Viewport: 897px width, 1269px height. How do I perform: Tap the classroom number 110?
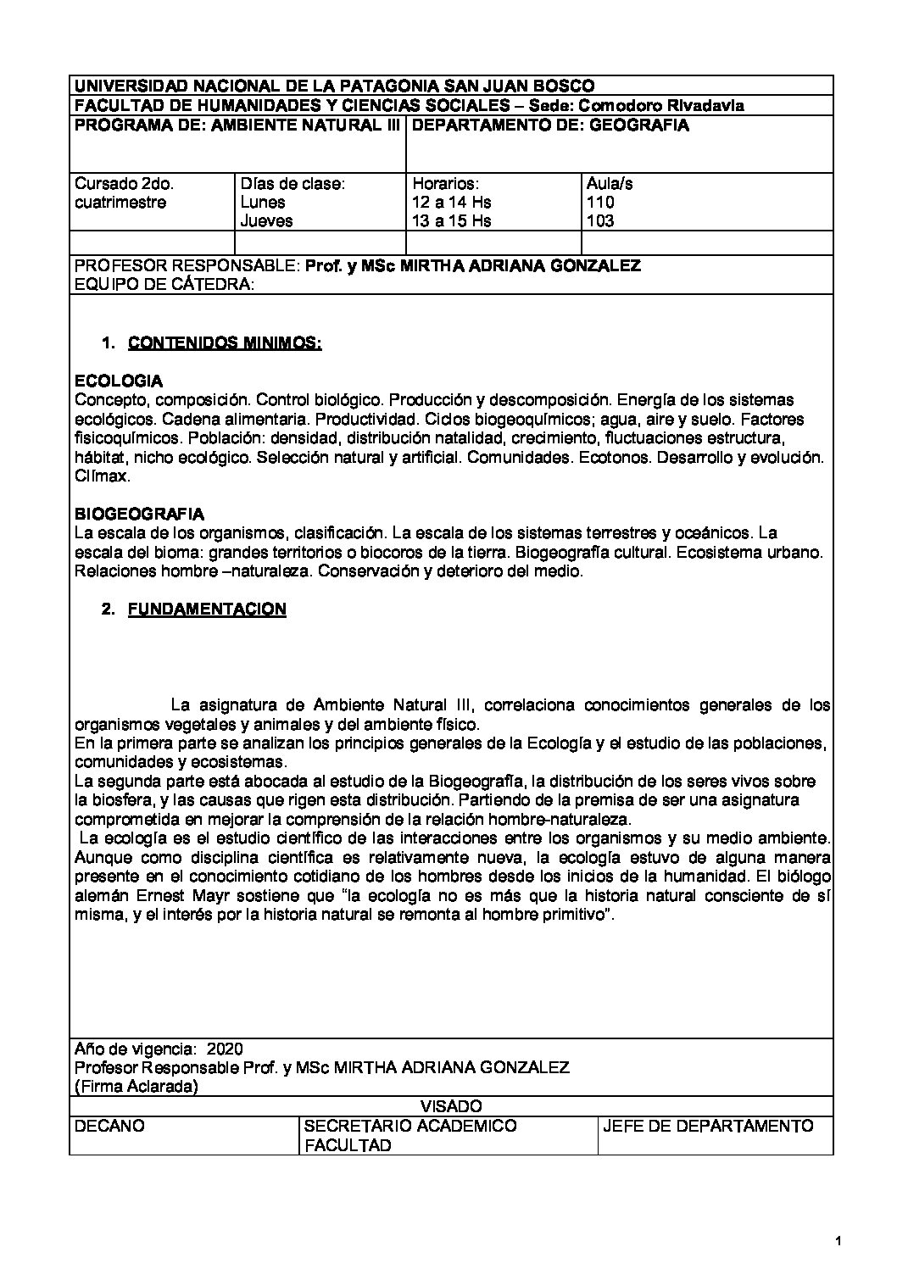600,202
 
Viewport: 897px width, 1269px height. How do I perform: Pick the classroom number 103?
600,220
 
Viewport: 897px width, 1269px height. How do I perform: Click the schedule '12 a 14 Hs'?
451,202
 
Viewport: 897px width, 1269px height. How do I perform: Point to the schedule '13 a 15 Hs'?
451,220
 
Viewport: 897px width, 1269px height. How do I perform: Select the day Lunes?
263,202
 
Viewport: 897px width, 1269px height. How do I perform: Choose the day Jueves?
267,220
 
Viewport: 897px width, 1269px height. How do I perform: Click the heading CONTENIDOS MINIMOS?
224,343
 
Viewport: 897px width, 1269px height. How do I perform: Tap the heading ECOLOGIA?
119,381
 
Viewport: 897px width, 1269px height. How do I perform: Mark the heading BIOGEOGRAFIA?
139,514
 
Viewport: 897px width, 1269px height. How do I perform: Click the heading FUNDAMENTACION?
207,609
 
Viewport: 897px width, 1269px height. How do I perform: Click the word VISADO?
451,1105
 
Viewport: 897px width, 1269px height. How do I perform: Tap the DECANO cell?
109,1126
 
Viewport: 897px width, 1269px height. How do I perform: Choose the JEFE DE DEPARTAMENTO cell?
708,1126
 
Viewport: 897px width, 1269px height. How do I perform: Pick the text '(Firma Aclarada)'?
136,1087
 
